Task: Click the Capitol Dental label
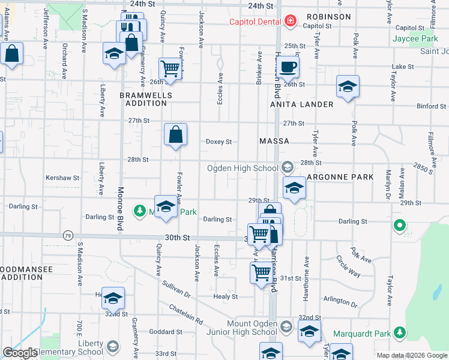256,22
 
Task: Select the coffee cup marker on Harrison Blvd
288,67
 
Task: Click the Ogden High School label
243,168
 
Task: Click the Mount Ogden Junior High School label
252,328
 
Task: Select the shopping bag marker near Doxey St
175,135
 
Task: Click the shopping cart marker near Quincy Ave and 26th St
170,69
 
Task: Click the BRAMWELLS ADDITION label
146,99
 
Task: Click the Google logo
19,353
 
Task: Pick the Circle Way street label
348,266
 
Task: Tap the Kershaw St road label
62,178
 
